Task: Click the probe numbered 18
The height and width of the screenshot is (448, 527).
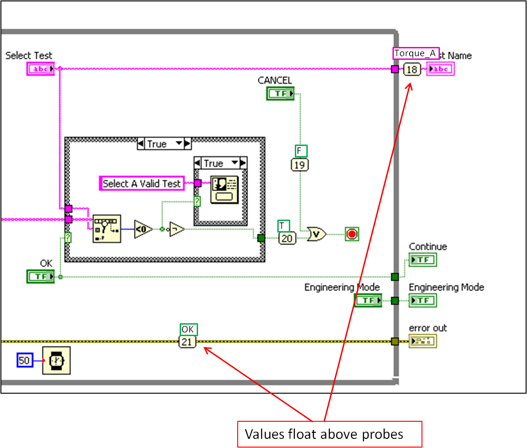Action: [x=412, y=70]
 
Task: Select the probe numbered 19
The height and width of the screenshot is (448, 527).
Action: [x=300, y=164]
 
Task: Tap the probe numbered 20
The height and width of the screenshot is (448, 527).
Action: [x=287, y=238]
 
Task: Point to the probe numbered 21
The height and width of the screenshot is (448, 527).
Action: [x=187, y=342]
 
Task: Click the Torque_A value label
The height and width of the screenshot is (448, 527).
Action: [x=416, y=53]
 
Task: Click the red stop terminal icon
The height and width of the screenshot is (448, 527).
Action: [x=352, y=234]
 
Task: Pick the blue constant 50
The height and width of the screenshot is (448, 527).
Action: [x=24, y=360]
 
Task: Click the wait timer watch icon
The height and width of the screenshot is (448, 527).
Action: [x=56, y=360]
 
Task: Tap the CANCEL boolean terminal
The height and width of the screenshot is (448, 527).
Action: [x=280, y=93]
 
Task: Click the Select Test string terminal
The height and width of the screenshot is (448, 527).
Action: [x=41, y=69]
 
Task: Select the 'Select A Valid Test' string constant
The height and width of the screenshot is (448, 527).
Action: [x=141, y=183]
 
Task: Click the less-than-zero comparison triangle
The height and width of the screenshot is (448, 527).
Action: [x=143, y=229]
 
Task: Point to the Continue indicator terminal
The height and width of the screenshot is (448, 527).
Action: [x=422, y=260]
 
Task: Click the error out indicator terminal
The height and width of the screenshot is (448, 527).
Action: [x=422, y=341]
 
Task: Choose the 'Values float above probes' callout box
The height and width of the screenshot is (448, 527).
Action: [x=329, y=434]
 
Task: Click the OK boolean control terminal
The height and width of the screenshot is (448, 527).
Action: [x=41, y=276]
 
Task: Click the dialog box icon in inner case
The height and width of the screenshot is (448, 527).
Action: [x=224, y=189]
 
